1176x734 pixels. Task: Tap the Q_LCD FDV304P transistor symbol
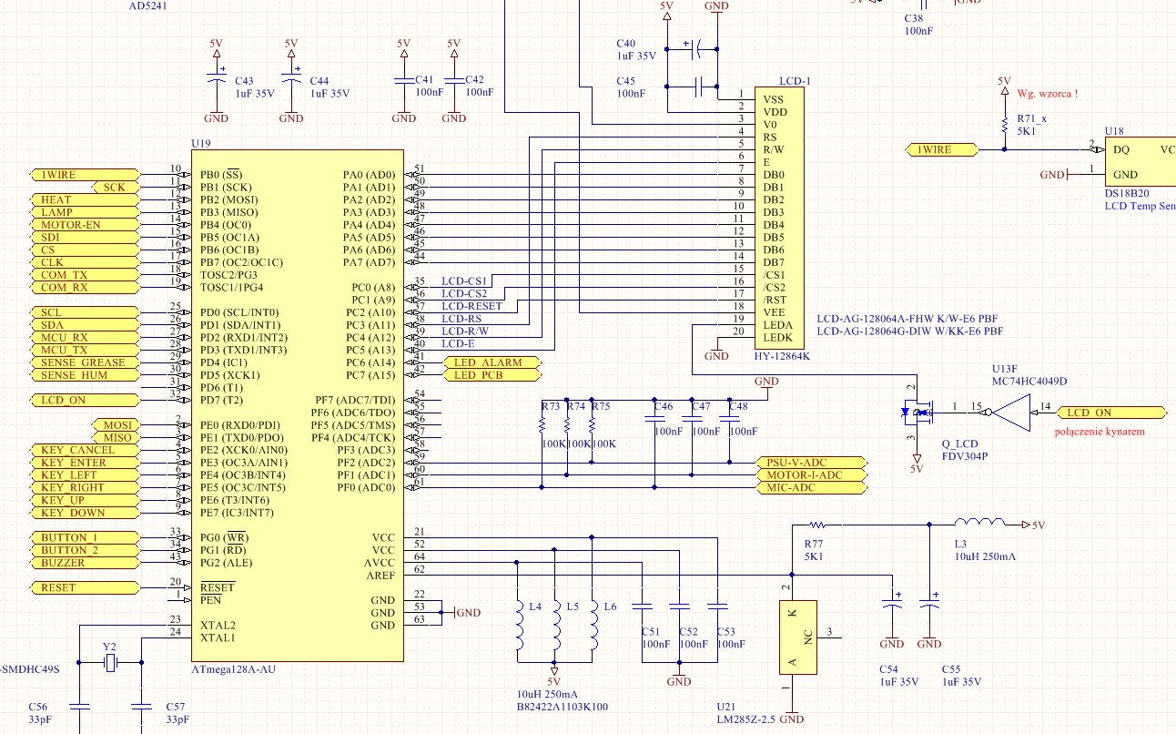917,413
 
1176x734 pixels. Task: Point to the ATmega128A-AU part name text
233,669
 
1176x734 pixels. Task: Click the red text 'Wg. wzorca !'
1048,93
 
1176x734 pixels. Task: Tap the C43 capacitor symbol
216,81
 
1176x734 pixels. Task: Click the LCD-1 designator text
794,81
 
